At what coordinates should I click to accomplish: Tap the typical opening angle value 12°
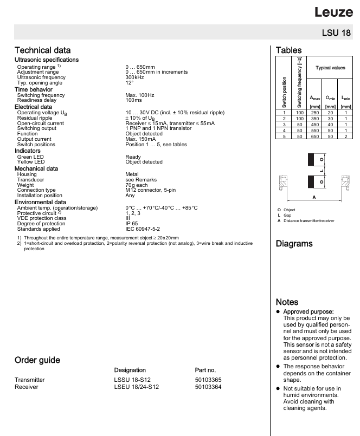(130, 82)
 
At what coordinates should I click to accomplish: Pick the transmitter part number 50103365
(208, 380)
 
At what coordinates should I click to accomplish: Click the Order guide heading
(37, 360)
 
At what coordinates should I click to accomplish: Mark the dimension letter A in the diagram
(314, 198)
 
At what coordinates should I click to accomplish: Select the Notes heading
(287, 302)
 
